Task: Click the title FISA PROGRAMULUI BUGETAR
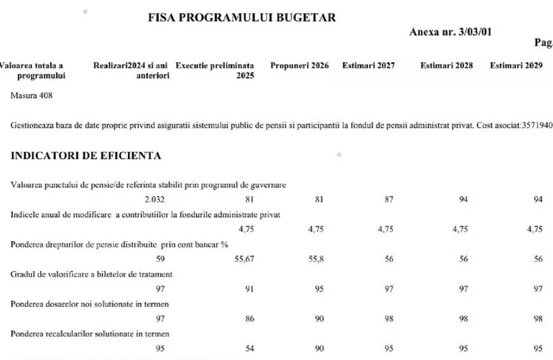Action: (x=243, y=17)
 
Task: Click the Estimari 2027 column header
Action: (x=368, y=66)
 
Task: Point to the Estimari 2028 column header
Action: (x=447, y=66)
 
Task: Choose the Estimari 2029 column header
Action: (x=515, y=66)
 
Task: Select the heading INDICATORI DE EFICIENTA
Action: (x=86, y=155)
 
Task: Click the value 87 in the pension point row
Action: (x=388, y=199)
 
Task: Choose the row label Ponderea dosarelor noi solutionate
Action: (x=90, y=303)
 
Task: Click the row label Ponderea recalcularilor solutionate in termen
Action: (x=91, y=334)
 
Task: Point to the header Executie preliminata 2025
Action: (x=214, y=70)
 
